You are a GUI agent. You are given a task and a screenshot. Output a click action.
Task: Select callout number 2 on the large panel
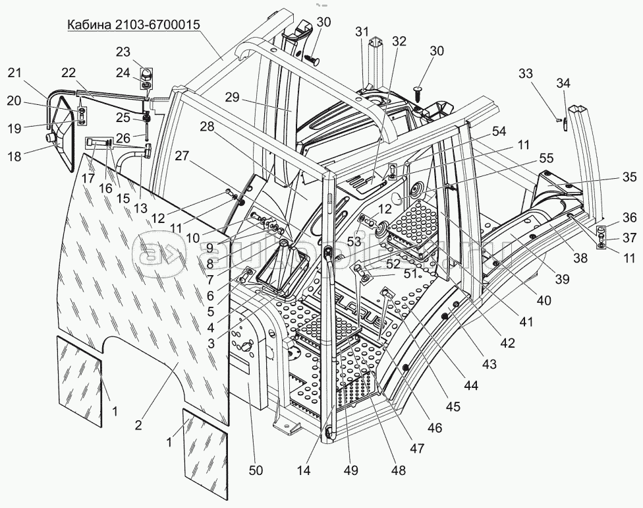point(138,426)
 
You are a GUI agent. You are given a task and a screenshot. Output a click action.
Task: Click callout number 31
point(362,32)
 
